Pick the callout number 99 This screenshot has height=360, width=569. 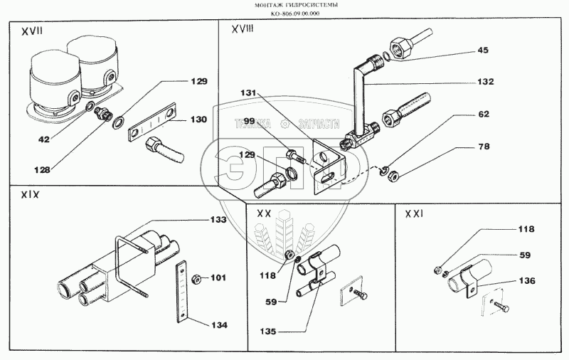click(249, 123)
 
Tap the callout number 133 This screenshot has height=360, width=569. click(218, 220)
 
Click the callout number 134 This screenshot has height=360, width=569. click(218, 325)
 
